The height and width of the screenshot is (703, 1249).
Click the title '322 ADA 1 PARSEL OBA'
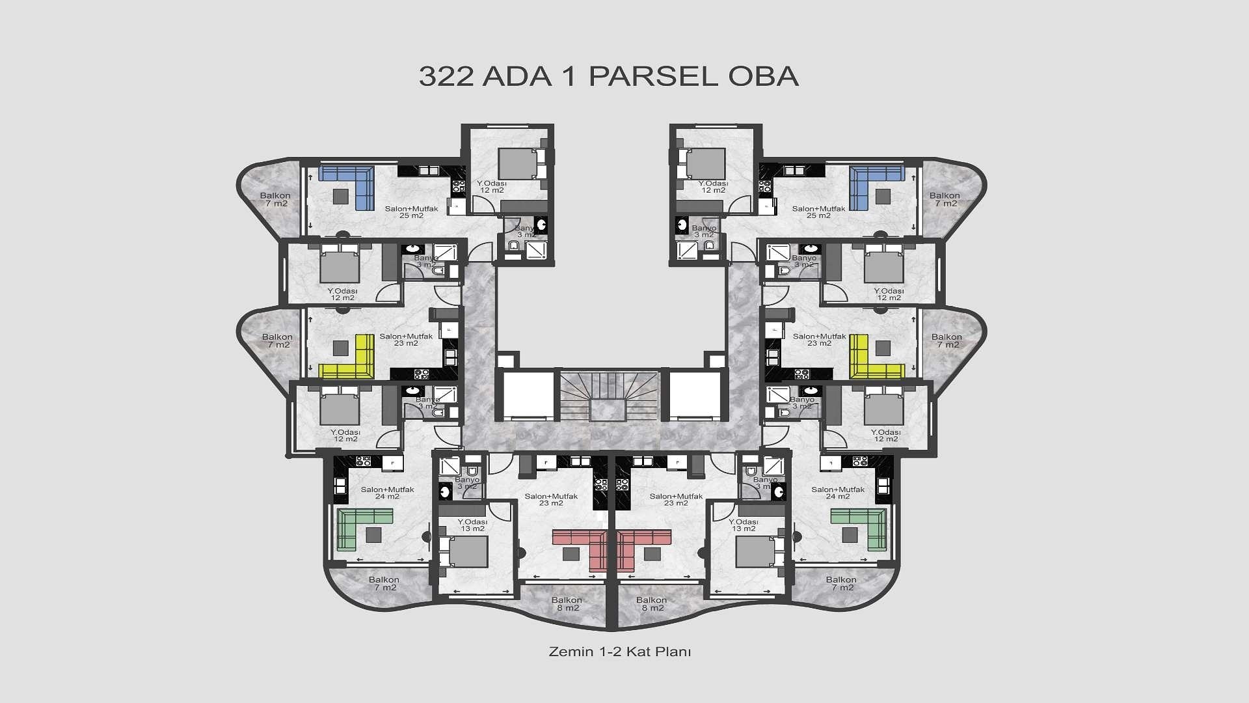tap(608, 76)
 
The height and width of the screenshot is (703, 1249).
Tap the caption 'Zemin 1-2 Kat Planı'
tap(619, 652)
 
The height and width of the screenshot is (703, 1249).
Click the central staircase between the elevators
tap(610, 396)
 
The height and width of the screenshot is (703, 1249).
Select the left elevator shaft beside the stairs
tap(528, 394)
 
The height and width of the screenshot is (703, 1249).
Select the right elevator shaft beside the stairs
tap(695, 394)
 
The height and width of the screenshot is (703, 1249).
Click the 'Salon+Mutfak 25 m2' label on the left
tap(411, 212)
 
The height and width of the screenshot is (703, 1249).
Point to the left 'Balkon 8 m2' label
tap(567, 604)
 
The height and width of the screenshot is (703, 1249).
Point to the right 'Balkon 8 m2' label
tap(652, 604)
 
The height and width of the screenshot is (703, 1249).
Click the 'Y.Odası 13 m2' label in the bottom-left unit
tap(472, 525)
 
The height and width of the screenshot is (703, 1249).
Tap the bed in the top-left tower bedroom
tap(518, 163)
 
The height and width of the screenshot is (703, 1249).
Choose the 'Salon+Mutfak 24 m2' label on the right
tap(838, 493)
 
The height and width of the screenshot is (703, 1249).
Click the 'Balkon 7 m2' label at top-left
tap(275, 199)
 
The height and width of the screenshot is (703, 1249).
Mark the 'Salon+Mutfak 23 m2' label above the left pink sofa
tap(551, 499)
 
